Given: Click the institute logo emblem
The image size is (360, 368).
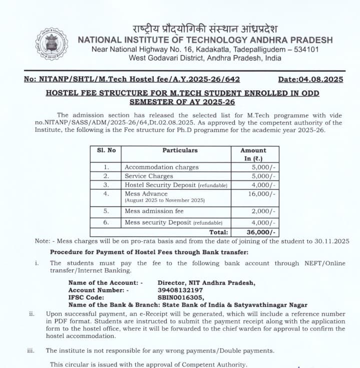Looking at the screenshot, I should coord(51,45).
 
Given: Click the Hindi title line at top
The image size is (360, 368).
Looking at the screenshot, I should coord(204,28).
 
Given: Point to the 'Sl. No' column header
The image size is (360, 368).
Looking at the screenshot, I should coord(106,150).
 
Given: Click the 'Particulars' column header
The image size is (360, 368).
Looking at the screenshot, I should coord(180,150).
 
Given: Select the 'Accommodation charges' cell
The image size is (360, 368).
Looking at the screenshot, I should coord(161,167).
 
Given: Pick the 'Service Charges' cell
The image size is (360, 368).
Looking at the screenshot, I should coord(149,176).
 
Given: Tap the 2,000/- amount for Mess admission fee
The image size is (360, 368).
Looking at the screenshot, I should coord(263,212).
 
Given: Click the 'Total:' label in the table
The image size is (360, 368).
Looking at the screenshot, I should coord(218,232).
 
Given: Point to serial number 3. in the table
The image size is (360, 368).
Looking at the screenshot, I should coord(106,185).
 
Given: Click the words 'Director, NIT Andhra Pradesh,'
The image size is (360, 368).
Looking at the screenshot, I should coord(206,283).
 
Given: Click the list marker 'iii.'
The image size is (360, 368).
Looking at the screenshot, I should coord(32,350).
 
